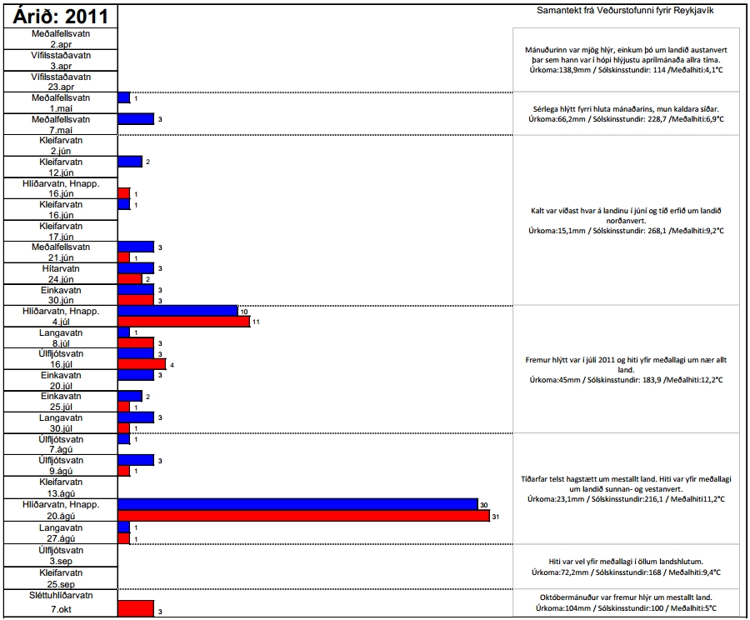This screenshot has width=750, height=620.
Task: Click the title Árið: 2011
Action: (60, 17)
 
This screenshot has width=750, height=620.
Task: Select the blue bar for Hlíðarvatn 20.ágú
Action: (297, 504)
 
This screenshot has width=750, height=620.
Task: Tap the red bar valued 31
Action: (303, 517)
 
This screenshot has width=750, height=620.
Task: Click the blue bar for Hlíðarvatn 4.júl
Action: (177, 311)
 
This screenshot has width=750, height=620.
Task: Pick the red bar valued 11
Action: (183, 322)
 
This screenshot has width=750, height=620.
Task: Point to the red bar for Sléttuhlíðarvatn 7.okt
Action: (136, 609)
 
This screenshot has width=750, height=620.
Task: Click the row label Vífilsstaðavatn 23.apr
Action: (61, 82)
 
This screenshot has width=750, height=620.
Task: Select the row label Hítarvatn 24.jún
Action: (61, 273)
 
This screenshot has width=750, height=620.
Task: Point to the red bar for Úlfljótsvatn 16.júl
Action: (142, 364)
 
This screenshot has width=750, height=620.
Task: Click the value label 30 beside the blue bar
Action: (483, 505)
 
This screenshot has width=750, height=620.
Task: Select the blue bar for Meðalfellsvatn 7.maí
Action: (136, 119)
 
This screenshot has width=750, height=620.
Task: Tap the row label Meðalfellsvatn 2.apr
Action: (61, 38)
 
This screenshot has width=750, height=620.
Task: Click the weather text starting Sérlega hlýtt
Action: (627, 114)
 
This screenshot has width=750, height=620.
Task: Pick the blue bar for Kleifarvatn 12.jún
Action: (130, 162)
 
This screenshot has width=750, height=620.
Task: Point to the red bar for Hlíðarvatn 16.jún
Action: (124, 193)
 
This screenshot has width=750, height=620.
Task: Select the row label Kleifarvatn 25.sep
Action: (61, 577)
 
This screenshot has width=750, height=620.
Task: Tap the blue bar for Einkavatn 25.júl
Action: (130, 396)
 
